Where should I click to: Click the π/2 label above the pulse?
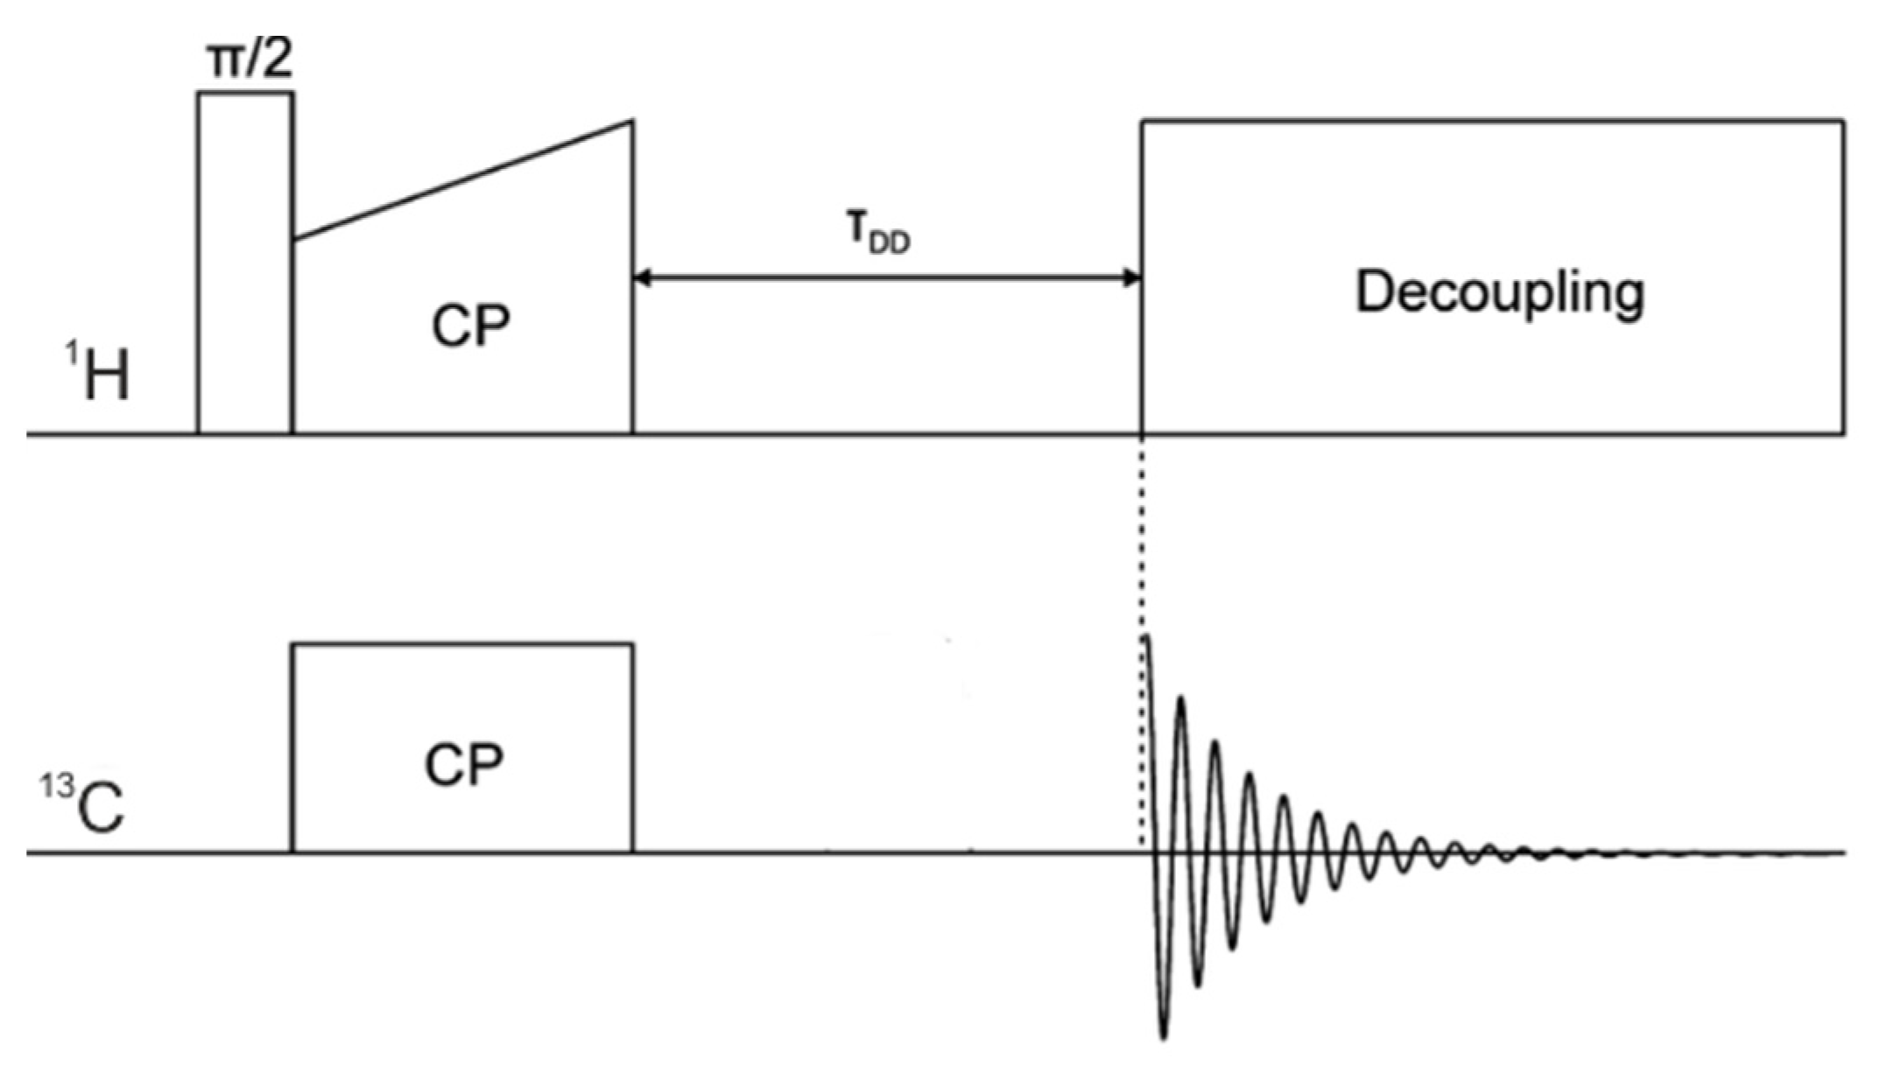(249, 60)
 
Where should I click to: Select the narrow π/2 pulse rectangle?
(245, 263)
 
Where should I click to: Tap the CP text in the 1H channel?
(470, 326)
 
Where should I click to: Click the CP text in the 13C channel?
(463, 764)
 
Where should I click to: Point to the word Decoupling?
(1500, 293)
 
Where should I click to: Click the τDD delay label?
(878, 235)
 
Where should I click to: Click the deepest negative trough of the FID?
(1164, 1035)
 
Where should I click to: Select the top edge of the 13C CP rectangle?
(463, 645)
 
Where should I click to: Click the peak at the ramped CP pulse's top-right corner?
(632, 122)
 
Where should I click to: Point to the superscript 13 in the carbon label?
(55, 786)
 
